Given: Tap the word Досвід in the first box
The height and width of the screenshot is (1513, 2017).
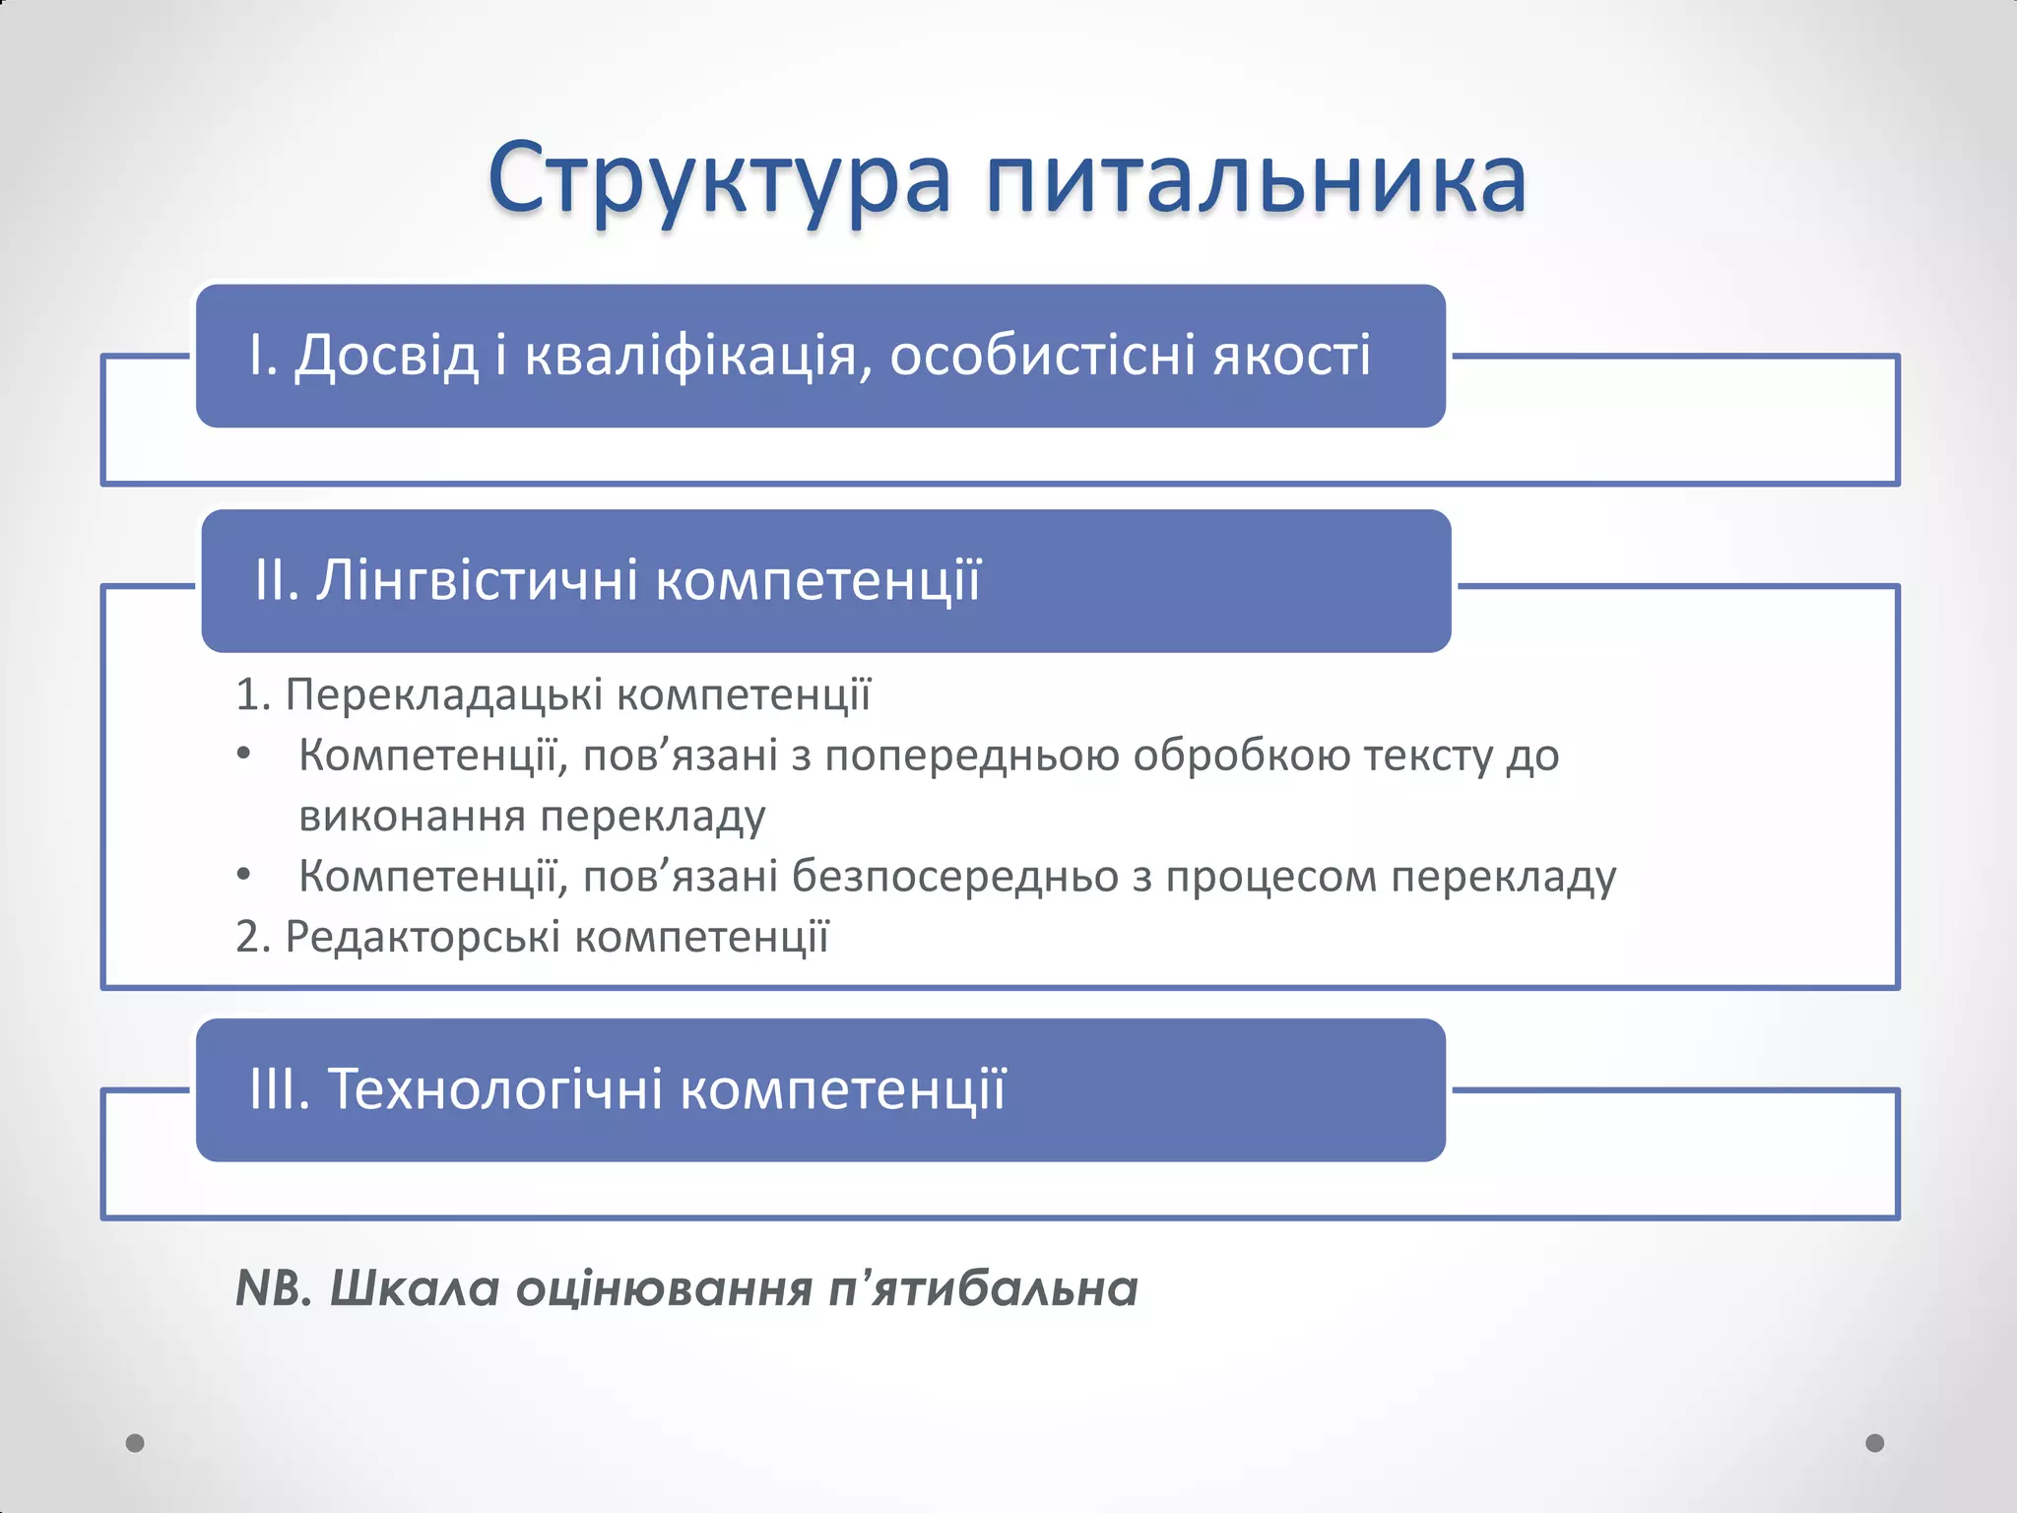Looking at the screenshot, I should (386, 356).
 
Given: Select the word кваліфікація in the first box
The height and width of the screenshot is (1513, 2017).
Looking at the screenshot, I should (697, 356).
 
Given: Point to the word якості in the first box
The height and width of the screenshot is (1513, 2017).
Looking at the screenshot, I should (1291, 356).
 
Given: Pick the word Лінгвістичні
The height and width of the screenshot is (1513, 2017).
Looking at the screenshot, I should (477, 580).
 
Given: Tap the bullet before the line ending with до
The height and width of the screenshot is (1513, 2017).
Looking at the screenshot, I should (244, 756).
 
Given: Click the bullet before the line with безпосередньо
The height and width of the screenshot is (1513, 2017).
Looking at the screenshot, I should (244, 876).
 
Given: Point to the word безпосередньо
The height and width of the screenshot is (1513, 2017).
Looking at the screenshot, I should (955, 877).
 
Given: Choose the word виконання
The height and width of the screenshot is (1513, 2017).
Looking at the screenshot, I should (412, 817).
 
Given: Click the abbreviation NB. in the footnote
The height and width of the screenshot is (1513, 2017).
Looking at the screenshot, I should (274, 1288).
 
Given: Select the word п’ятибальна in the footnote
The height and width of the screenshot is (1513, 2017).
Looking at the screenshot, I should (983, 1288).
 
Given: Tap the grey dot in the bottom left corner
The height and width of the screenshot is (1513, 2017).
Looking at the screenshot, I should (136, 1443).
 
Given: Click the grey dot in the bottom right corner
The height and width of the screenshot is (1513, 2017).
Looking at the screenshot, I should (1875, 1443).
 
